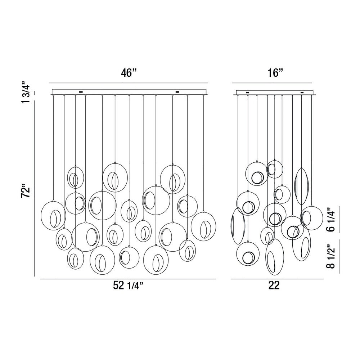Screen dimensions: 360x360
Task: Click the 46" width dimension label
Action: tap(129, 73)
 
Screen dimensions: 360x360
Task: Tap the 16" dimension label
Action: tap(274, 73)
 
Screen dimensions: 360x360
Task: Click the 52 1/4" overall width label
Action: tap(128, 285)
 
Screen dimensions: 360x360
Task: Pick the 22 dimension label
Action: tap(274, 285)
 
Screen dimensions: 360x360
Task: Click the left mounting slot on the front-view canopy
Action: tap(81, 92)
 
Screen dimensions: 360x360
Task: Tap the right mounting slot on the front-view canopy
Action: tap(177, 92)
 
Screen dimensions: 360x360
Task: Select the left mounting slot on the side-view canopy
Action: tap(247, 93)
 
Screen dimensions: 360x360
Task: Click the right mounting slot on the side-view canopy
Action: tap(302, 93)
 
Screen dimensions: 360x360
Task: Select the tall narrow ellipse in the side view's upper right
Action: tap(294, 186)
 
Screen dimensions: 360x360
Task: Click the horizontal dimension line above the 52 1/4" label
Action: tap(128, 279)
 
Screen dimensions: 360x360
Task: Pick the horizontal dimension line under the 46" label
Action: tap(129, 83)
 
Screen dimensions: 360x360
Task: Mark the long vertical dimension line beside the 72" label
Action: tap(34, 189)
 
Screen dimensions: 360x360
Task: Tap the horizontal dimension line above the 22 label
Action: tap(277, 279)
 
